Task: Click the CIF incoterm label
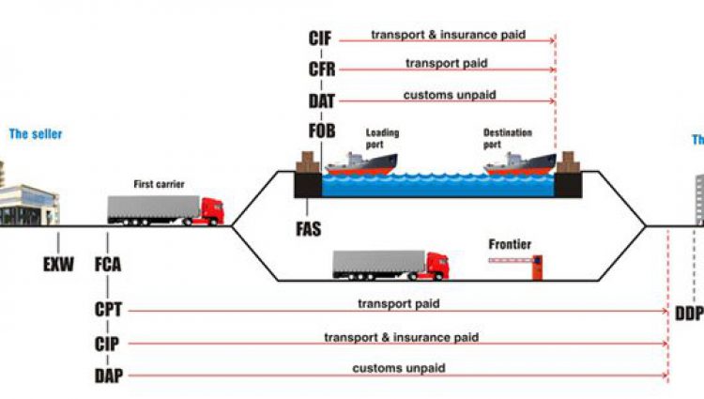click(320, 38)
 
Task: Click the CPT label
click(109, 308)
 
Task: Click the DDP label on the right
click(688, 313)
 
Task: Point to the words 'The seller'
click(36, 134)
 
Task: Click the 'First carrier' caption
click(158, 184)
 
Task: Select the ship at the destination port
click(519, 164)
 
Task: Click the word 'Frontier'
click(510, 245)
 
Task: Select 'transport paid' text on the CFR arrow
click(446, 64)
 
